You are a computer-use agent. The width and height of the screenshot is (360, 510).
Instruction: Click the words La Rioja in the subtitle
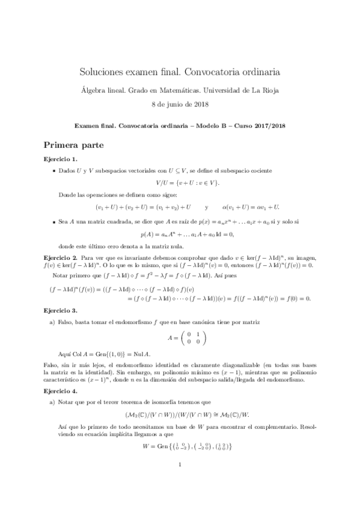pos(266,91)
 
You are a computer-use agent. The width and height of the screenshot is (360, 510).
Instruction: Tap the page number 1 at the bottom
pos(180,481)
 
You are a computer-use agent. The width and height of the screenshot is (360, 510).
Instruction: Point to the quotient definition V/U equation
pos(180,183)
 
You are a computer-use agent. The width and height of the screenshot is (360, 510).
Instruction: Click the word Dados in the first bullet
pos(68,171)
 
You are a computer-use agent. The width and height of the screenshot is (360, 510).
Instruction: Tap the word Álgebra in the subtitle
pos(95,91)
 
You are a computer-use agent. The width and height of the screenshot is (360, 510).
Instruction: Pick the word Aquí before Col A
pos(66,355)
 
